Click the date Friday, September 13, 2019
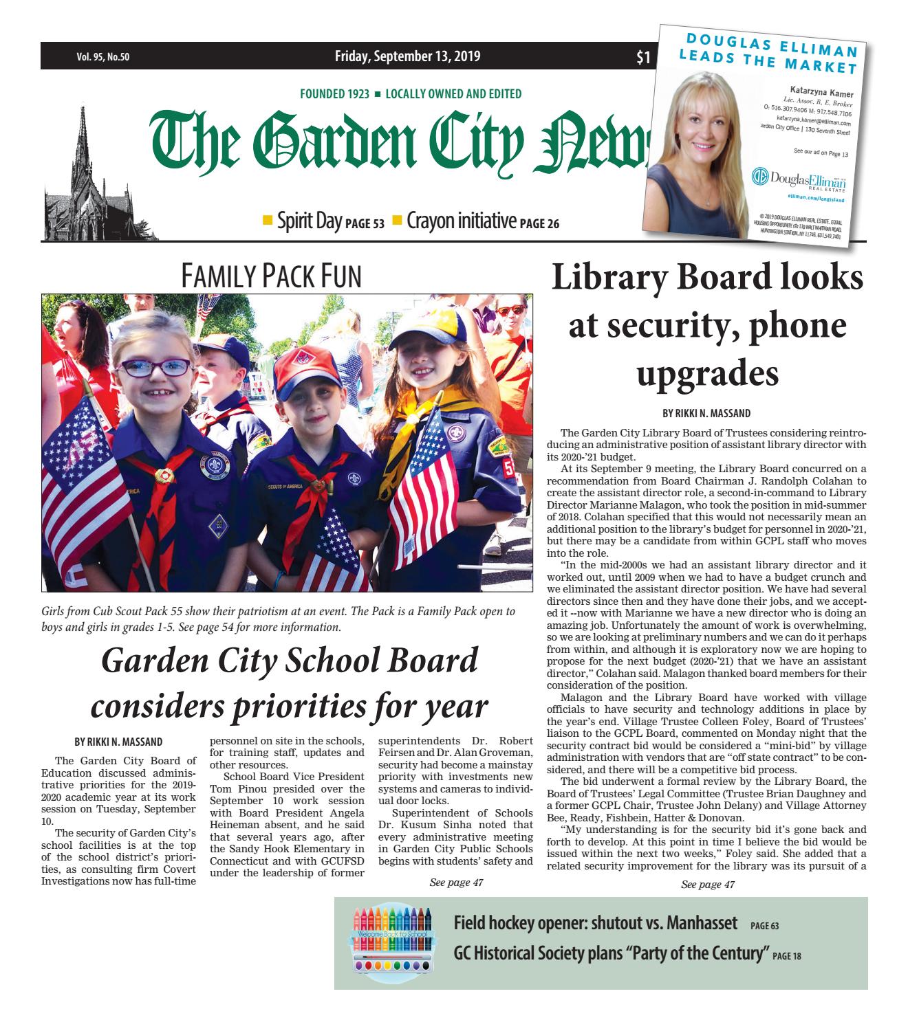[407, 57]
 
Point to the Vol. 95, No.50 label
[103, 58]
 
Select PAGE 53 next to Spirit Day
[364, 223]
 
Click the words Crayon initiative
[461, 221]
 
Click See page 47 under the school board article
[455, 883]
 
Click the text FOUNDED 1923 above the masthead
[334, 94]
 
